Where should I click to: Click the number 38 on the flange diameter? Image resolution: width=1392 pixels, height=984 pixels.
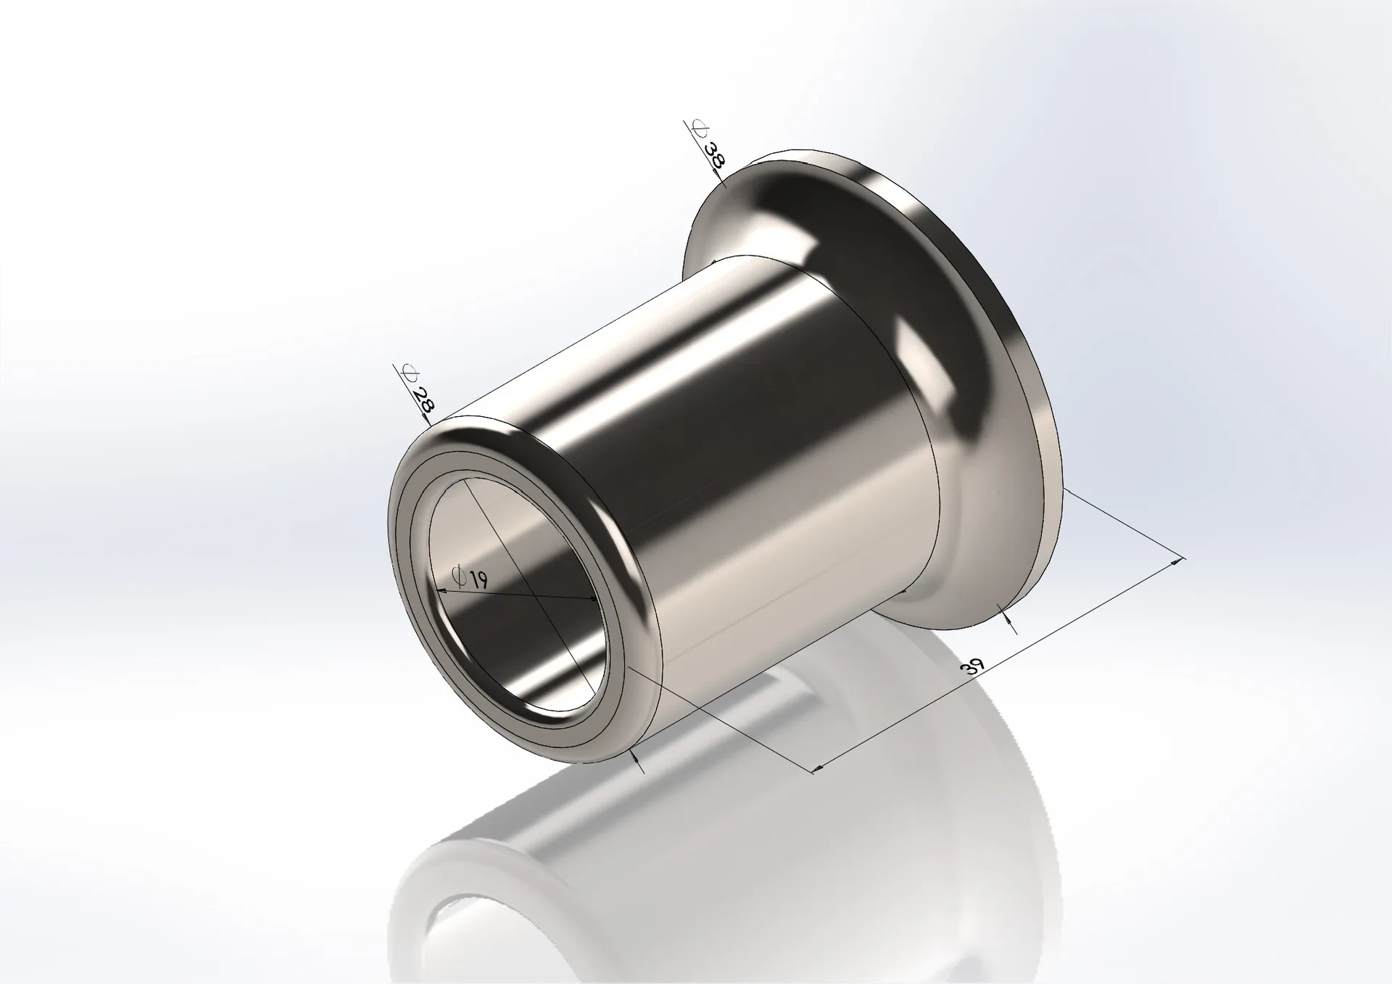tap(715, 155)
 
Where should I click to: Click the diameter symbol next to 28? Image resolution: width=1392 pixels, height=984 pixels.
tap(410, 374)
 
